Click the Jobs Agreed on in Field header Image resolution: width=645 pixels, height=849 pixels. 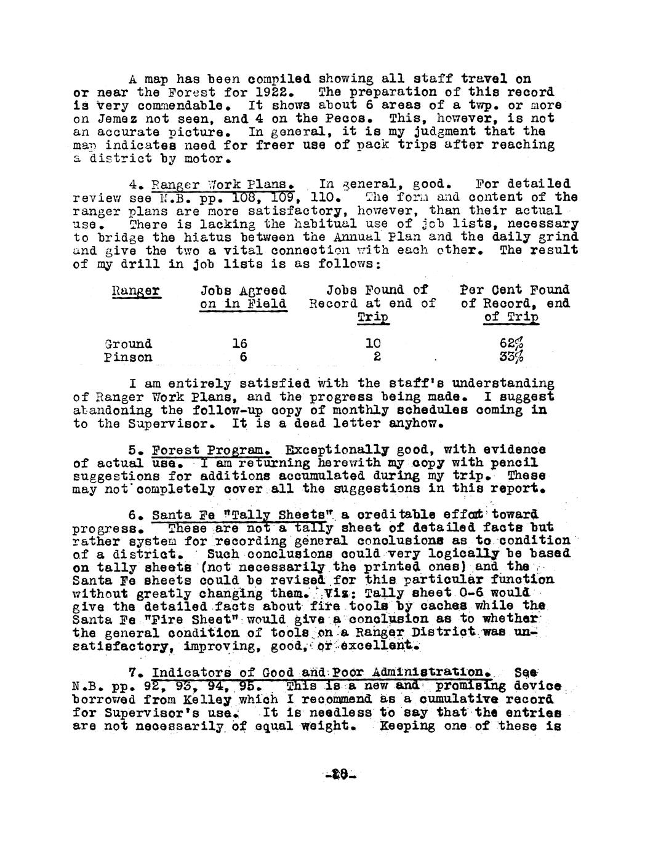coord(243,297)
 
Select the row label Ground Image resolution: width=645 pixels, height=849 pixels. coord(128,344)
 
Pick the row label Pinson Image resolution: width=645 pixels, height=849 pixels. coord(128,357)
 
